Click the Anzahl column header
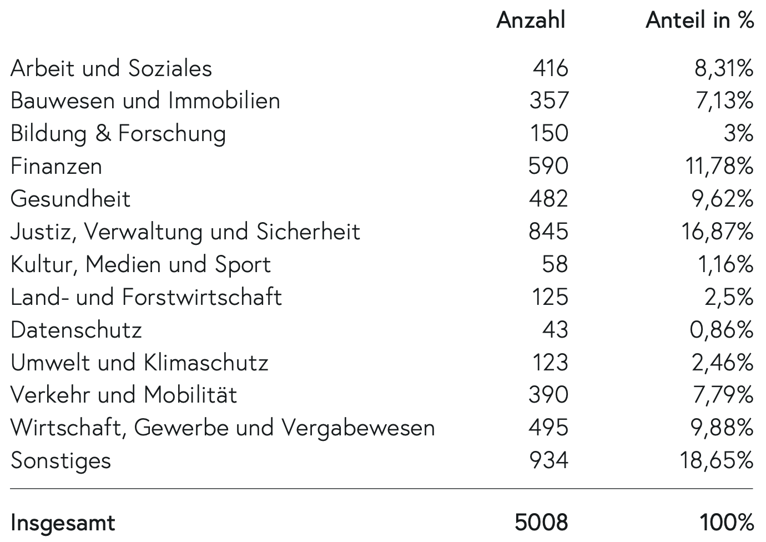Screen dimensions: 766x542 531,20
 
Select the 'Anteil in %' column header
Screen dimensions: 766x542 699,20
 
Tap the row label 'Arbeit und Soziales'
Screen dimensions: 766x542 111,68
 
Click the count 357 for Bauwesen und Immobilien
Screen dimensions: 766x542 549,101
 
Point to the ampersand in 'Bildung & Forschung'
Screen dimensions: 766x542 103,133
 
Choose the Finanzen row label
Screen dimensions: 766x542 57,166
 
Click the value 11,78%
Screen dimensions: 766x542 719,166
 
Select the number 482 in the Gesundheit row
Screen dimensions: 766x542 548,199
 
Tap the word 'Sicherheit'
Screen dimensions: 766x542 308,232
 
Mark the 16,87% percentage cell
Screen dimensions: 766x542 718,232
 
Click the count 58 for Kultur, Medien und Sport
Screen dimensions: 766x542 555,264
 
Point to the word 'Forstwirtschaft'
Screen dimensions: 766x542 201,297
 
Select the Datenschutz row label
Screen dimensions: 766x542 76,330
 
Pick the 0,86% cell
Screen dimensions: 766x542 722,330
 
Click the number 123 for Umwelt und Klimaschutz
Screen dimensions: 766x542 551,363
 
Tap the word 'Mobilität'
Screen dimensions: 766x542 190,394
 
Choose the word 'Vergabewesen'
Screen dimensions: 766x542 359,428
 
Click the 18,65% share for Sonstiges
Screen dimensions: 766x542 717,460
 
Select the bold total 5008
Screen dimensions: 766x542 541,523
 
